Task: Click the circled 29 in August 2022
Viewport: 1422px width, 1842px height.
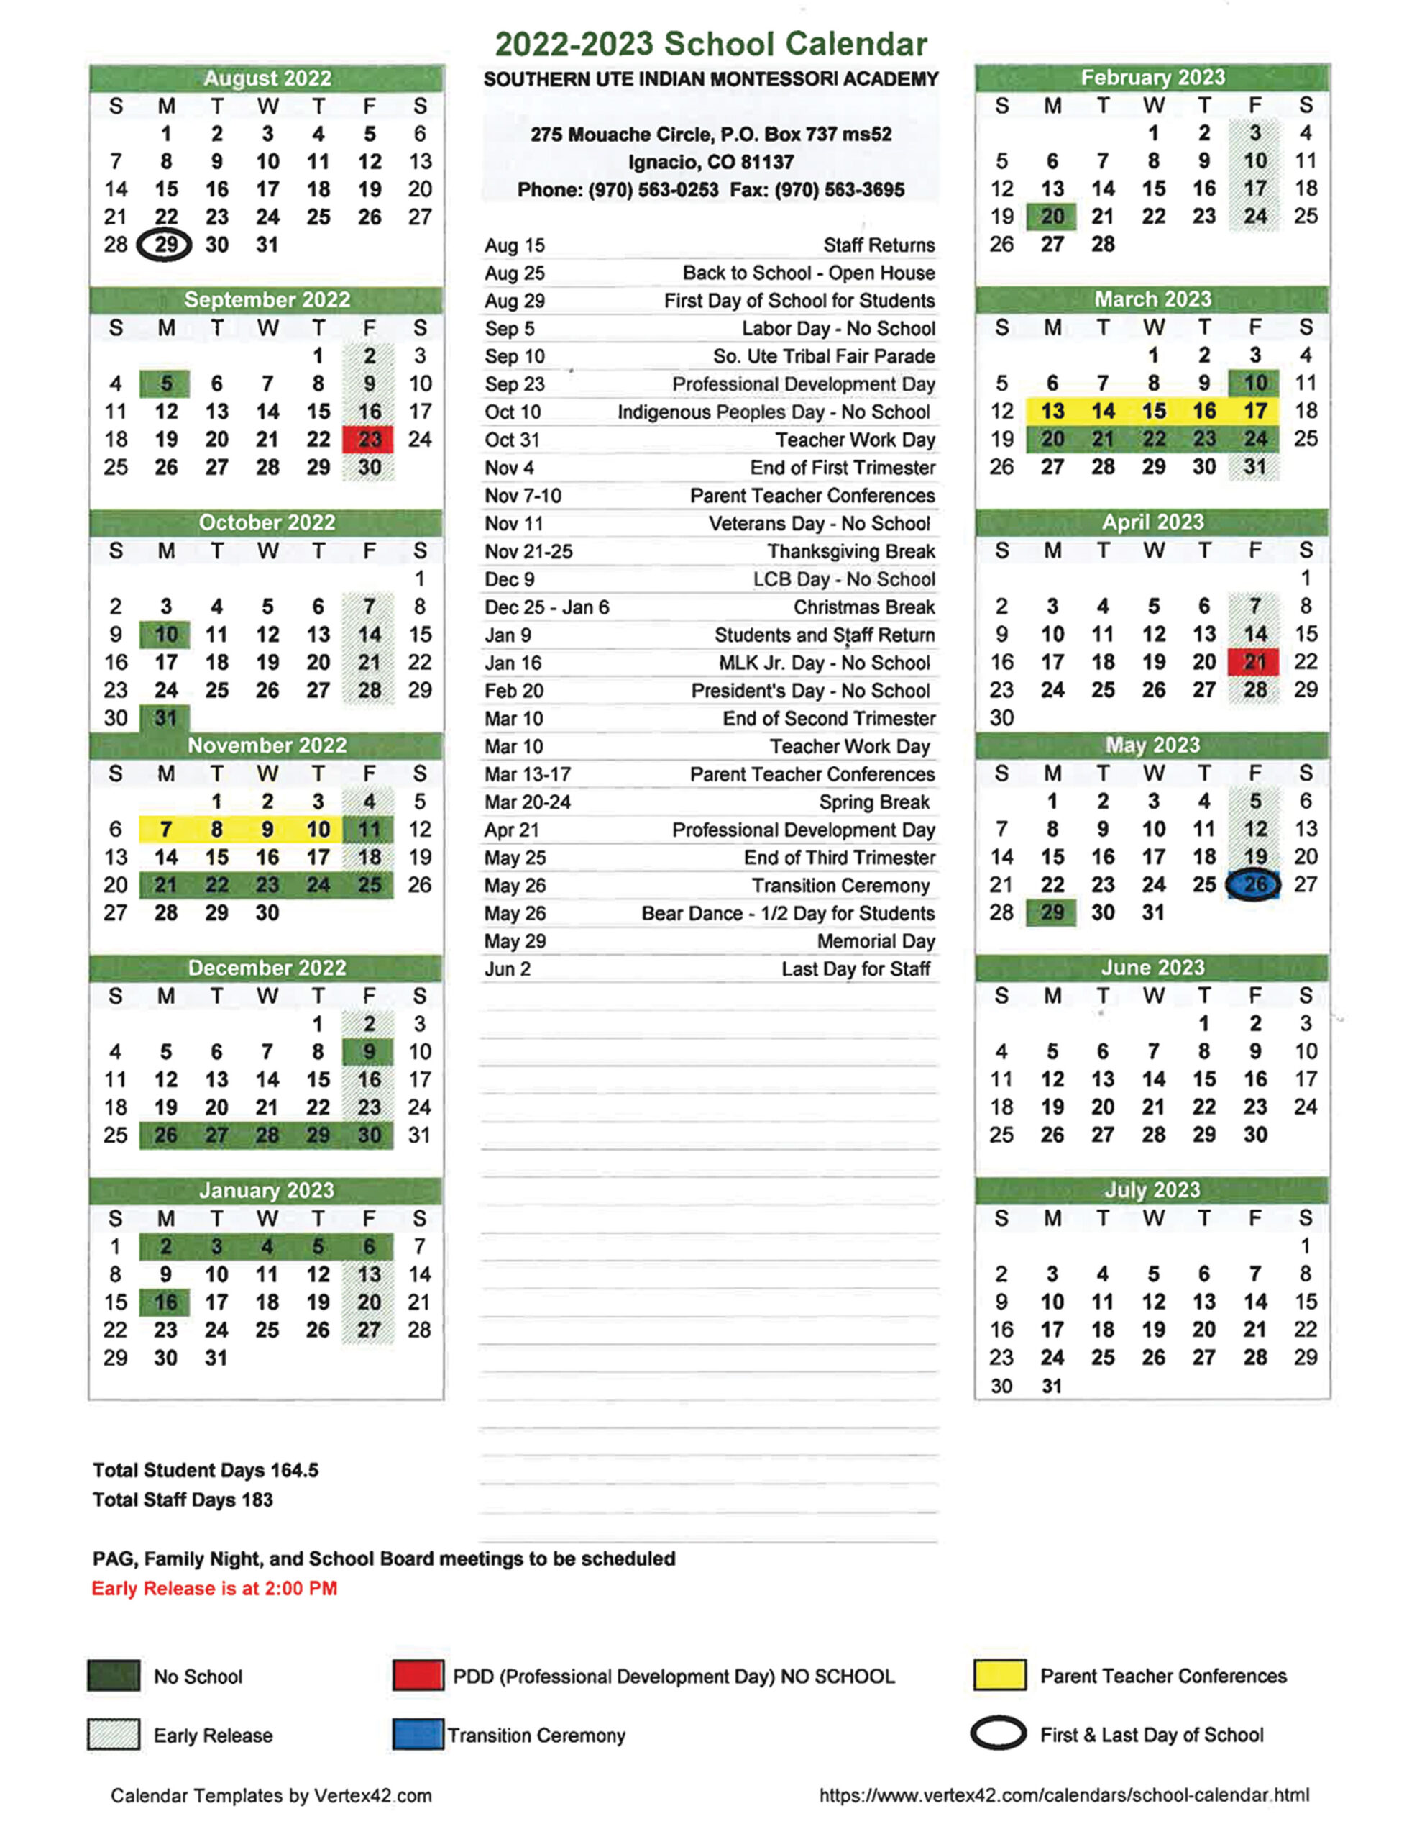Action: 165,245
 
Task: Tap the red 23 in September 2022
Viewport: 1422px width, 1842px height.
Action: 368,440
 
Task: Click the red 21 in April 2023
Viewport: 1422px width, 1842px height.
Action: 1254,662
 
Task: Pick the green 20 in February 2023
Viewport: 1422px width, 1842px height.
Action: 1051,217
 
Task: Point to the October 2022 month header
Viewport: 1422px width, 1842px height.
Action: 267,523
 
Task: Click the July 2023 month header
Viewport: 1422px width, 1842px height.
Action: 1152,1190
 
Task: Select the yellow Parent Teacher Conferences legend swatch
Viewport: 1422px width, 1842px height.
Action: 1000,1675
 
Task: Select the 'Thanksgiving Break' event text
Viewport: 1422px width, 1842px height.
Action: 850,552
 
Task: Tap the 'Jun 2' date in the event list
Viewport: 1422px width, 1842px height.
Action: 508,969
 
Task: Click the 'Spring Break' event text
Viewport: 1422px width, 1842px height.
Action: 874,802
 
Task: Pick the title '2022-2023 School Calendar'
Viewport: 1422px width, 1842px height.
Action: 710,44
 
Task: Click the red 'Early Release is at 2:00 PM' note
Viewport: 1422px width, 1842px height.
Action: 214,1588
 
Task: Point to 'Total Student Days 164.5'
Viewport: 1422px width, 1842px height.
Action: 206,1470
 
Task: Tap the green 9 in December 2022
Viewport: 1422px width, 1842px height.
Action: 368,1052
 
